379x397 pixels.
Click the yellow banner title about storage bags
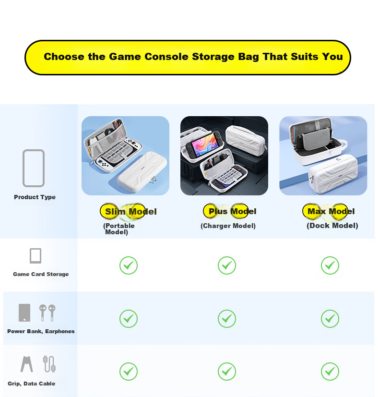[193, 57]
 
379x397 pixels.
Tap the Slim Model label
[131, 211]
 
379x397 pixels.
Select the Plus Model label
[232, 211]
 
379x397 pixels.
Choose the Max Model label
[331, 211]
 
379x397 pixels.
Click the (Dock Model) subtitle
[332, 226]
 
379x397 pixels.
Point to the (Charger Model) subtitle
[228, 226]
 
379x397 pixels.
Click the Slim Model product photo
[126, 156]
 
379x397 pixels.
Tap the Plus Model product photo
[224, 156]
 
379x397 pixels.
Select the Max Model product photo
[323, 156]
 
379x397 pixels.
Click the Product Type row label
[35, 197]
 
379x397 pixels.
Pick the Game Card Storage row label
[41, 274]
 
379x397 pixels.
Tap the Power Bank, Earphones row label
[41, 331]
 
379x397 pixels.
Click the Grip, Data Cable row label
[31, 384]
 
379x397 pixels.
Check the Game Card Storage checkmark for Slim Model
[129, 265]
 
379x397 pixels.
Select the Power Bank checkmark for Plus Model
[227, 318]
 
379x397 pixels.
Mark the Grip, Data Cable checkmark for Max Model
[330, 372]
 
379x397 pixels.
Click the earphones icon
[47, 313]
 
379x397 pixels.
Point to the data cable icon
[49, 364]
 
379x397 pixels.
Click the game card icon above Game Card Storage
[36, 256]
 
